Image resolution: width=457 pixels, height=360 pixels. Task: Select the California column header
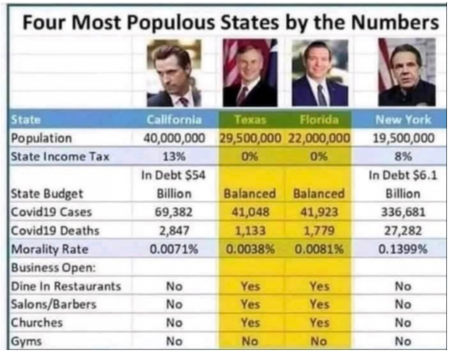tap(174, 120)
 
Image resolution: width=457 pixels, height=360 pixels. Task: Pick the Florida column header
tap(318, 120)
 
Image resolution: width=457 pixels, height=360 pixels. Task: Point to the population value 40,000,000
tap(174, 138)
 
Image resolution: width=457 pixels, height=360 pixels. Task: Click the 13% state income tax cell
tap(174, 156)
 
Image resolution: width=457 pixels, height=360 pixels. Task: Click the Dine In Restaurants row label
tap(66, 286)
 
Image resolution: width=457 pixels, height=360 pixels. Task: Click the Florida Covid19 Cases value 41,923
tap(318, 212)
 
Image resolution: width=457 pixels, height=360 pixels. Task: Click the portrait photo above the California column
tap(174, 73)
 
